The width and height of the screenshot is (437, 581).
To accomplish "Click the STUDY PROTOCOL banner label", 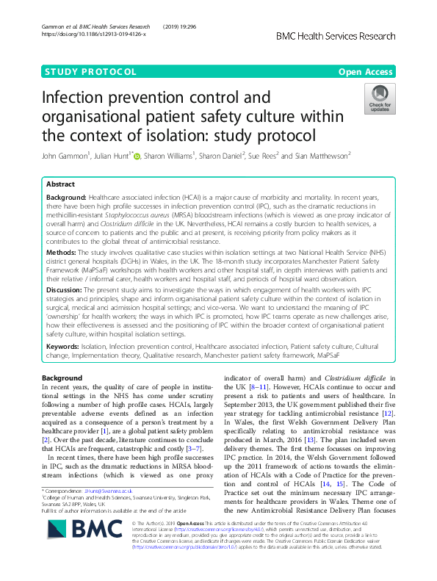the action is [x=90, y=71].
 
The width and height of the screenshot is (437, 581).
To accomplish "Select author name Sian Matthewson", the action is [x=350, y=156].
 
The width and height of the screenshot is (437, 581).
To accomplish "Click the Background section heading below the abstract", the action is [x=62, y=377].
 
